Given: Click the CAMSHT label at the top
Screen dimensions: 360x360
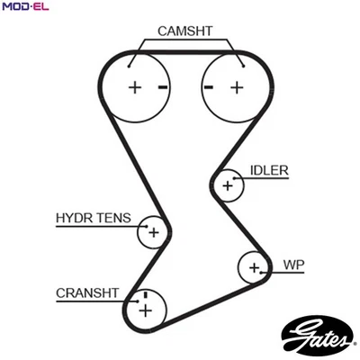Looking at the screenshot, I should [184, 31].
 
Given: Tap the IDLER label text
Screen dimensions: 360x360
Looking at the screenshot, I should [269, 169].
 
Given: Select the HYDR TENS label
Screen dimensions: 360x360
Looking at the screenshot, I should [93, 218].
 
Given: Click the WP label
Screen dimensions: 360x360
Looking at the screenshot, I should [293, 265].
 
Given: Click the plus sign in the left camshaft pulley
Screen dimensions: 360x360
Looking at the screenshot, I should [135, 87].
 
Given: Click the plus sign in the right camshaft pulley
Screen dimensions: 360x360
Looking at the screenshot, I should [237, 87].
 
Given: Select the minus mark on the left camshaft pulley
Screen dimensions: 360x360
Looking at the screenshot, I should [163, 87].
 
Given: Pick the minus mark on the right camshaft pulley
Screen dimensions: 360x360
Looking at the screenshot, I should [208, 87].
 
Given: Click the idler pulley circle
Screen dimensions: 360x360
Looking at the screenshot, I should [229, 186].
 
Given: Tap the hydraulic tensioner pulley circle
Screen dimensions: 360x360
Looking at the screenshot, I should [152, 233].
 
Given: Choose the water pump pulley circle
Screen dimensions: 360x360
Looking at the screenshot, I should [255, 267].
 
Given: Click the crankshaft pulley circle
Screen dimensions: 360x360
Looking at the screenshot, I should [143, 310].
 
